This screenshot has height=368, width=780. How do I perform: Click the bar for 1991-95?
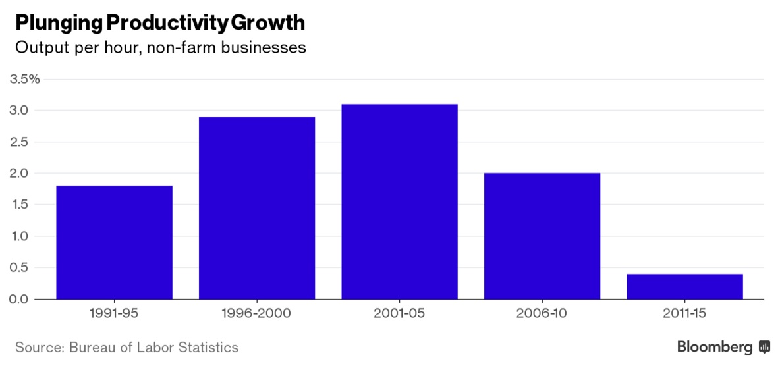click(114, 242)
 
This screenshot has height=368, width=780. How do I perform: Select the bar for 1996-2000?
click(257, 208)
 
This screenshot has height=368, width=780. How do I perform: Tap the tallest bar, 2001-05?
click(399, 201)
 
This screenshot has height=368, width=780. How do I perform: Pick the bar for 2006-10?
click(542, 236)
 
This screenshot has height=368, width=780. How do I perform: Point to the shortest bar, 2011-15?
click(684, 286)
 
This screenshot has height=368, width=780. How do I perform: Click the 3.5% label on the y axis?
click(24, 79)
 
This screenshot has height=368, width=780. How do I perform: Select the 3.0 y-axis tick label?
click(20, 110)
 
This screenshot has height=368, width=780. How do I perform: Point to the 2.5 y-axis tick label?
click(20, 142)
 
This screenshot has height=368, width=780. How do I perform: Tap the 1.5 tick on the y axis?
click(20, 205)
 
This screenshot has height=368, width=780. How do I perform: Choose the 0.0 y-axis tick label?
click(20, 299)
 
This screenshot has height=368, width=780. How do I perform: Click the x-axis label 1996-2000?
click(257, 314)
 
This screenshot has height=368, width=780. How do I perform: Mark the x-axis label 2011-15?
click(684, 314)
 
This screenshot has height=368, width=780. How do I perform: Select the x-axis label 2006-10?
click(542, 314)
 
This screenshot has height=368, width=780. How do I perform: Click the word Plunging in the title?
click(58, 23)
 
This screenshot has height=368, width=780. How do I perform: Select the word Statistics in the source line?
click(209, 347)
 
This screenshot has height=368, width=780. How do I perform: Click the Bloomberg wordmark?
click(715, 346)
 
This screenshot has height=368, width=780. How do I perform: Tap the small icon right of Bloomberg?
click(764, 346)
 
